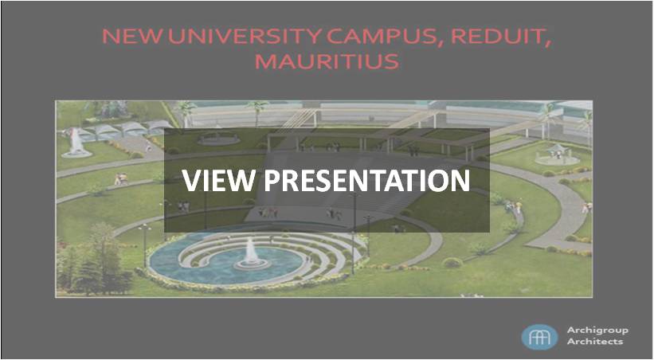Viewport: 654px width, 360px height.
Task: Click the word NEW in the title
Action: (x=131, y=37)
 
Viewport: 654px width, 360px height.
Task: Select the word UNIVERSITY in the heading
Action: (x=245, y=37)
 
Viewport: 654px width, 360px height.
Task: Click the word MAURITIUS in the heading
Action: (x=327, y=61)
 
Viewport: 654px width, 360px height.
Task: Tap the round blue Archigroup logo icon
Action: (x=539, y=337)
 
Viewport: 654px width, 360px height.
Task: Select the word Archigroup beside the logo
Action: (x=597, y=331)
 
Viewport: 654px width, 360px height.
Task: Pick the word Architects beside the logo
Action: (x=595, y=341)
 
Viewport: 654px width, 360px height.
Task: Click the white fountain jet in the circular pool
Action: (x=251, y=252)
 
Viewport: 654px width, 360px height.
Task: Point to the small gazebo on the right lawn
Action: (x=558, y=153)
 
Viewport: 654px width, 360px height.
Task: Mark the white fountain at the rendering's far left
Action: (x=76, y=142)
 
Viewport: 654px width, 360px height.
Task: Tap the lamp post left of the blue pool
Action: (x=145, y=245)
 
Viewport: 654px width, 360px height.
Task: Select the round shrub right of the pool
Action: (x=452, y=262)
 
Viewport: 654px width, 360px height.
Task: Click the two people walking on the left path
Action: (x=121, y=179)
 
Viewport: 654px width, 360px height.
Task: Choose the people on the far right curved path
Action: (x=587, y=207)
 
